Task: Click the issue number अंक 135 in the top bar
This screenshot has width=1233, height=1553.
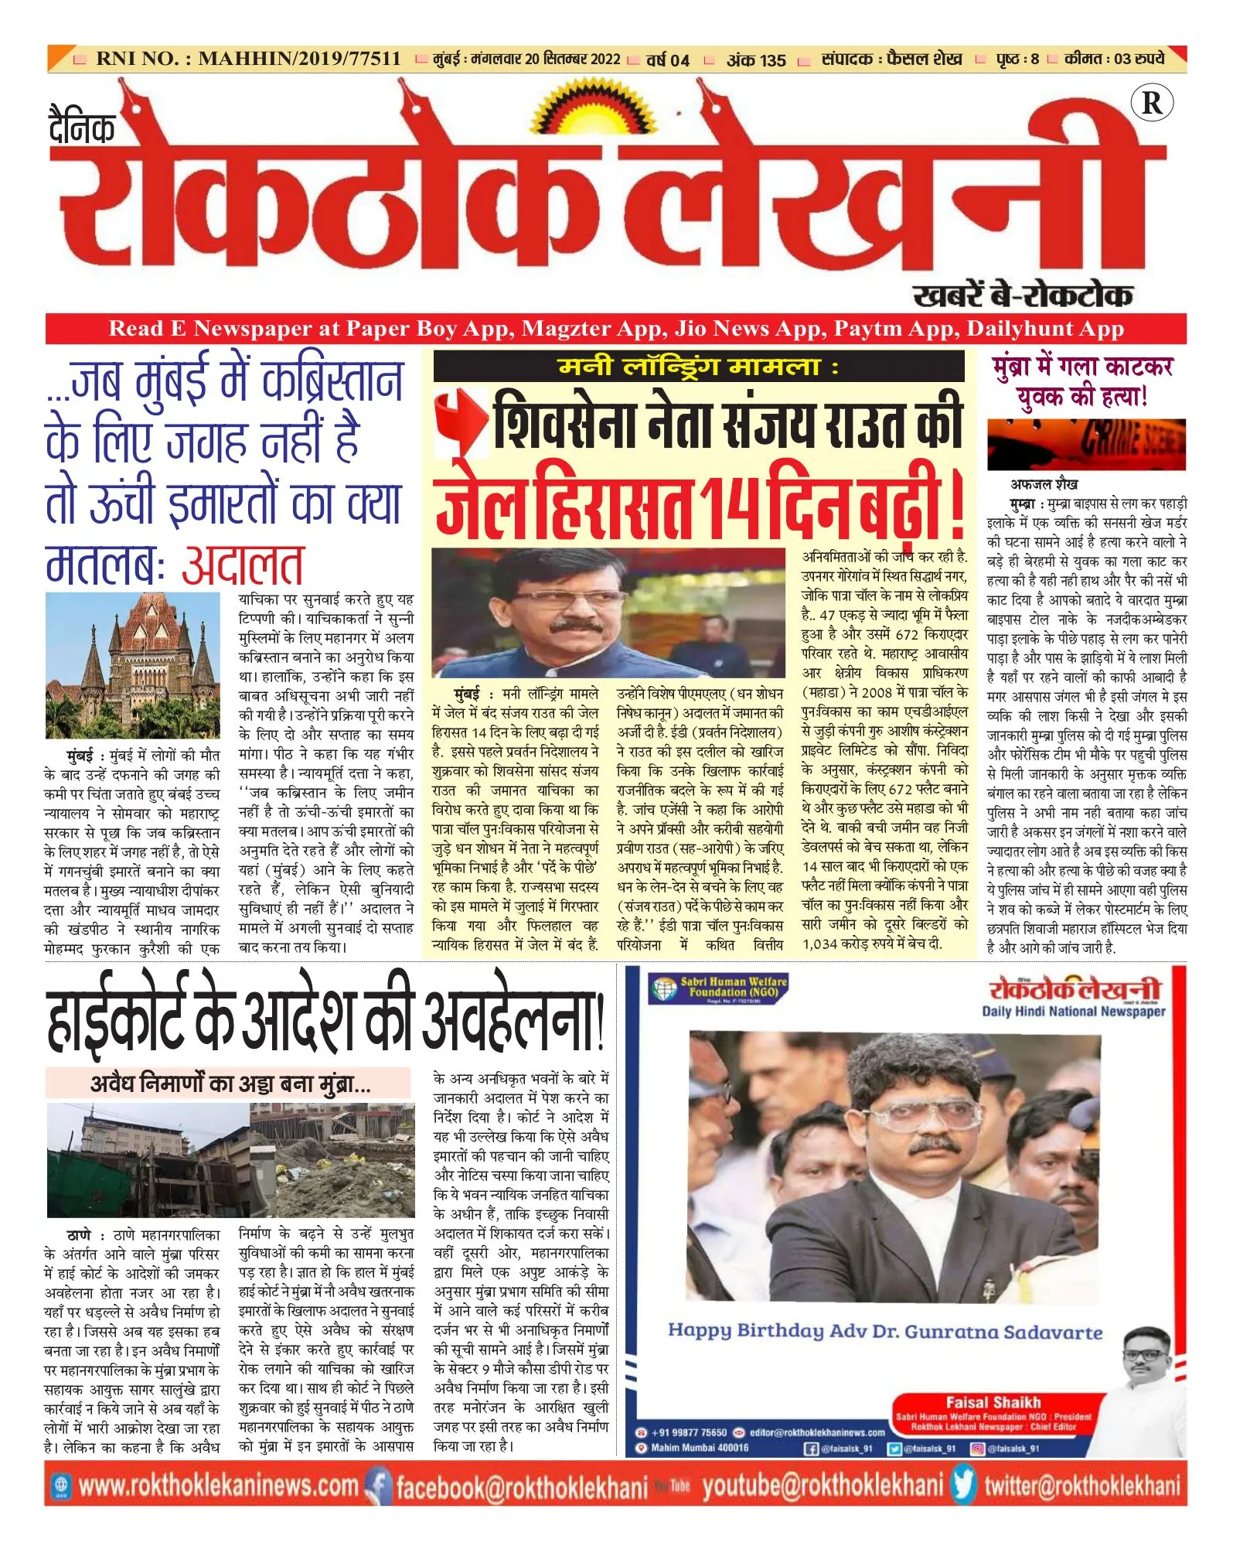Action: click(x=755, y=60)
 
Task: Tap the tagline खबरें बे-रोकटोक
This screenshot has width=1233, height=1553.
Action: click(x=1022, y=295)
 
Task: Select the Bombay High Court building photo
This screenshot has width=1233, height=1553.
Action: click(x=132, y=666)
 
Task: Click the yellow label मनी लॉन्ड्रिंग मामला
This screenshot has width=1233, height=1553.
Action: click(x=698, y=367)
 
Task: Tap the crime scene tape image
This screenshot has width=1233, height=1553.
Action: click(x=1085, y=445)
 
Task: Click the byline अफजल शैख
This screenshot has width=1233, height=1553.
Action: click(x=1044, y=485)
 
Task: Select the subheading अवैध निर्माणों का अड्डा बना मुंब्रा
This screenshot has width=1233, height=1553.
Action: click(x=230, y=1084)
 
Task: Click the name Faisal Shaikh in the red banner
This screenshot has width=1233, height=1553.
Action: click(x=993, y=1401)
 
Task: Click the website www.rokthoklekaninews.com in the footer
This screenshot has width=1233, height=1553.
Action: click(x=219, y=1486)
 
